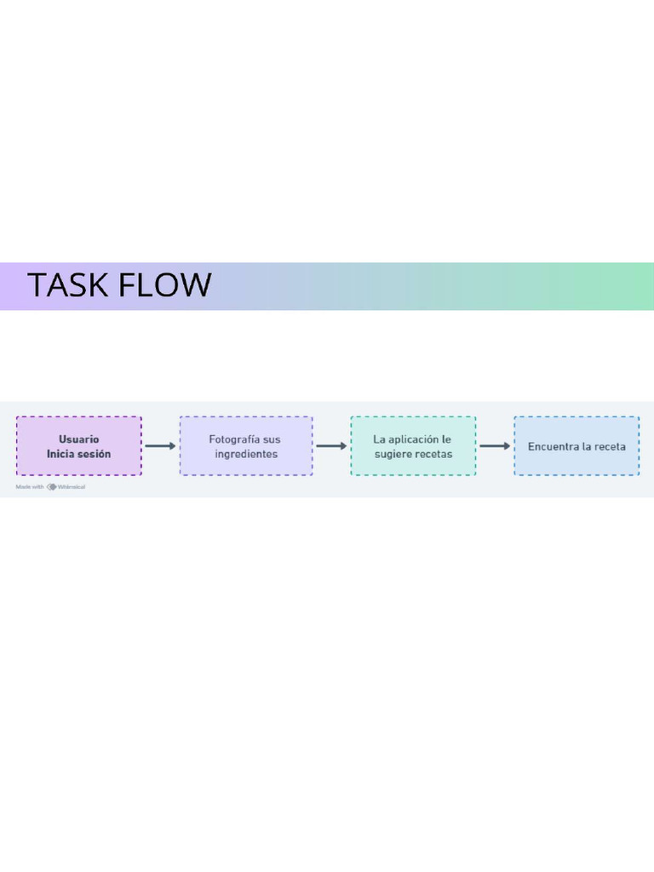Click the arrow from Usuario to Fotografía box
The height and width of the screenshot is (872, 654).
pos(160,445)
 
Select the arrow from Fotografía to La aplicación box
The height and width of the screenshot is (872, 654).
pos(331,445)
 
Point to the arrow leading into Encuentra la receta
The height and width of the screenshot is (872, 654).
pos(495,445)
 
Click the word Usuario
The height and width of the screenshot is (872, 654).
pos(78,439)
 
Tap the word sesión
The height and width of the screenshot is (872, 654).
pos(94,454)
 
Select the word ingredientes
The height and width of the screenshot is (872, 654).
pos(246,454)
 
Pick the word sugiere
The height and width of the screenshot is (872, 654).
pos(393,454)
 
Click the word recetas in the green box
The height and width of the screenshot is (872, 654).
pos(433,454)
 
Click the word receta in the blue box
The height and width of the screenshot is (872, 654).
pos(611,446)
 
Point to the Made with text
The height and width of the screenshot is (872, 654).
pos(30,487)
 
